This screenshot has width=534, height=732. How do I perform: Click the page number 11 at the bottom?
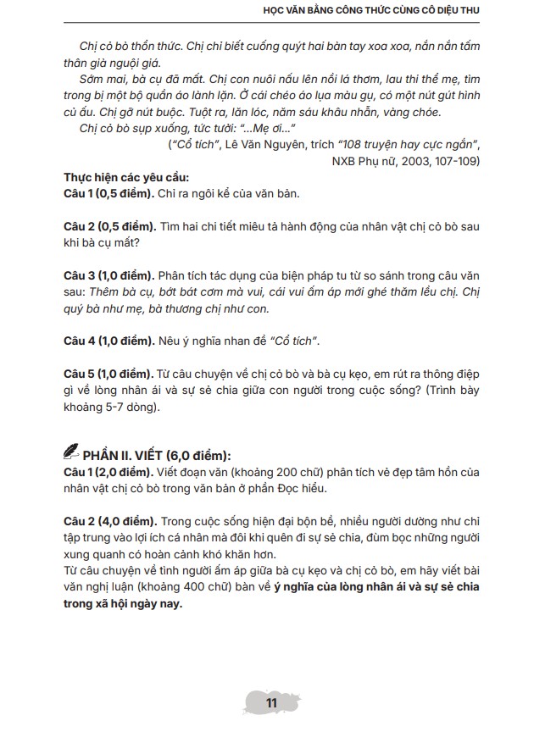(x=271, y=703)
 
